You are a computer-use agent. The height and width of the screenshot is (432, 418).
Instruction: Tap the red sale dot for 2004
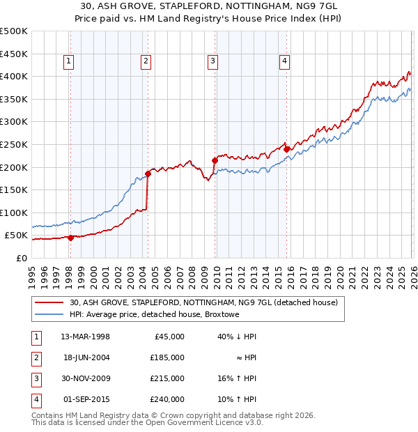point(148,173)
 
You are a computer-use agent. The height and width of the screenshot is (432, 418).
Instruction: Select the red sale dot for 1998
point(70,238)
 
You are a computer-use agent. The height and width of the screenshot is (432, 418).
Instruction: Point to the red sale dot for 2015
point(286,148)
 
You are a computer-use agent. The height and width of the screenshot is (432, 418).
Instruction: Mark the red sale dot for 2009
point(215,160)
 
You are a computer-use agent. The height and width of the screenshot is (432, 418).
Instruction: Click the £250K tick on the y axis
point(14,144)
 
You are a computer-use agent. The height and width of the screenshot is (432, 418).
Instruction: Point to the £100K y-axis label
point(14,213)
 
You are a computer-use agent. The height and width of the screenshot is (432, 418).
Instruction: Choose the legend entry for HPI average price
point(154,315)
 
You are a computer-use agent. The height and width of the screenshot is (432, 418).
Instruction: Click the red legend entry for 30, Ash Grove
point(203,302)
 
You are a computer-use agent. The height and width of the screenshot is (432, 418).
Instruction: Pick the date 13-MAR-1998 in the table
point(85,337)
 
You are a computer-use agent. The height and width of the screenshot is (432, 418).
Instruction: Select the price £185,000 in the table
point(168,357)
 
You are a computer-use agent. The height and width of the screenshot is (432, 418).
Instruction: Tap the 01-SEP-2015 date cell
point(85,399)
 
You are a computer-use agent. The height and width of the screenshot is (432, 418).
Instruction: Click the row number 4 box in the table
point(36,399)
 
